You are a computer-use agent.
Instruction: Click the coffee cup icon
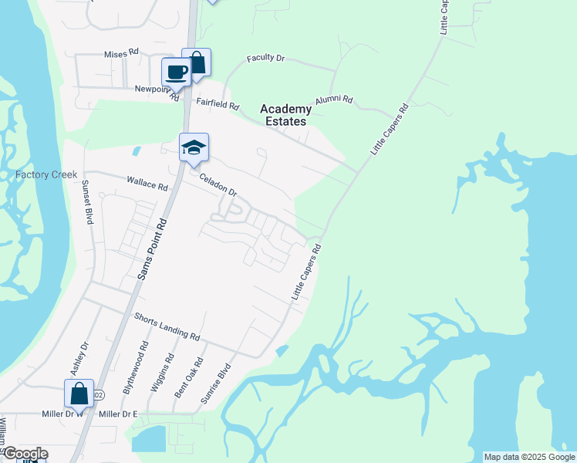(176, 73)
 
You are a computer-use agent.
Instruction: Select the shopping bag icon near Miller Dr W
(79, 394)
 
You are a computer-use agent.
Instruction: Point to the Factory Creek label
(46, 174)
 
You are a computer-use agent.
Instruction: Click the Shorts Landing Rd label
(167, 327)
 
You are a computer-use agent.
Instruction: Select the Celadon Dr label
(217, 184)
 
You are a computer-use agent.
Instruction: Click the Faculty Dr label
(266, 58)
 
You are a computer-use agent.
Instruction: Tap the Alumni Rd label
(333, 100)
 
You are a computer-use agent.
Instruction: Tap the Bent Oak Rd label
(188, 377)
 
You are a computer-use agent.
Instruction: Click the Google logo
(25, 454)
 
